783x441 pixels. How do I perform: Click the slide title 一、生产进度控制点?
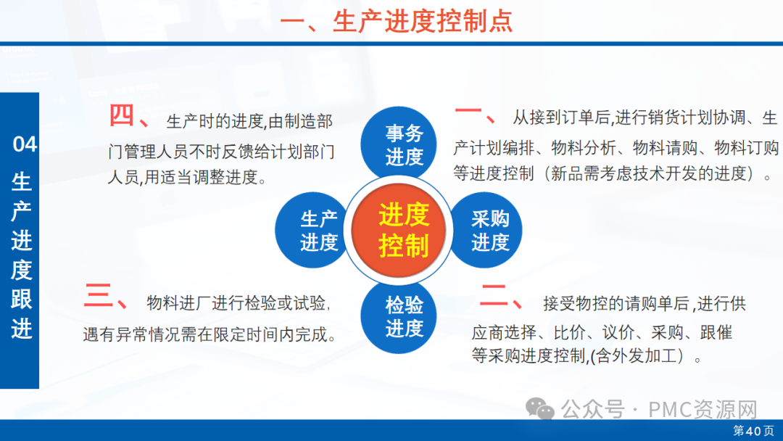coord(397,21)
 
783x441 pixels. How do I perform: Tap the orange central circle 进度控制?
coord(399,230)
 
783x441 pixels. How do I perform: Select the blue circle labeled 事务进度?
coord(399,144)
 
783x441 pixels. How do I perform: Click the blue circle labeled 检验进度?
coord(399,316)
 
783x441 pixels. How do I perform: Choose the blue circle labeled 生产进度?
coord(312,230)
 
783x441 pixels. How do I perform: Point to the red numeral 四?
coord(121,115)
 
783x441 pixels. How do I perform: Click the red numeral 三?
coord(98,295)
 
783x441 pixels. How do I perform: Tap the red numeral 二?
coord(494,295)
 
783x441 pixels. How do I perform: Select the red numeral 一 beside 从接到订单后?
coord(468,112)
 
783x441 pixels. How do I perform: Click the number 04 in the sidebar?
coord(25,144)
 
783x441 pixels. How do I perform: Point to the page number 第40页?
coord(753,431)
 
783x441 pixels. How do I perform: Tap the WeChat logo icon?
coord(540,409)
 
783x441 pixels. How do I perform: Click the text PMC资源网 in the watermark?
coord(703,410)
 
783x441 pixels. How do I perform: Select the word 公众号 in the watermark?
coord(593,410)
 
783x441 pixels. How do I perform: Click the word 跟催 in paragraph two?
coord(716,332)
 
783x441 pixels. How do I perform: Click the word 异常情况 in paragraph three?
coord(148,334)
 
